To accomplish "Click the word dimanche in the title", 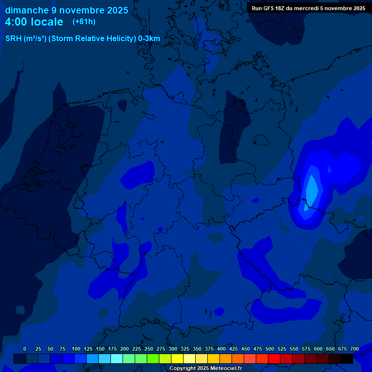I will [27, 10].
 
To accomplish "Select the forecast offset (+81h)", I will [84, 22].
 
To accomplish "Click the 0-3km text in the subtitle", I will [149, 39].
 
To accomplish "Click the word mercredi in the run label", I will [311, 8].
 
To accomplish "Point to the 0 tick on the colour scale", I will [25, 349].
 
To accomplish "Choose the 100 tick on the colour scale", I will [76, 349].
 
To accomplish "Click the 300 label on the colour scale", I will [173, 349].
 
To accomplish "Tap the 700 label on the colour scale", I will [354, 349].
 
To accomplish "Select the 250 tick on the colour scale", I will [149, 349].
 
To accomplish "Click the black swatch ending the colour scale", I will [347, 358].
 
